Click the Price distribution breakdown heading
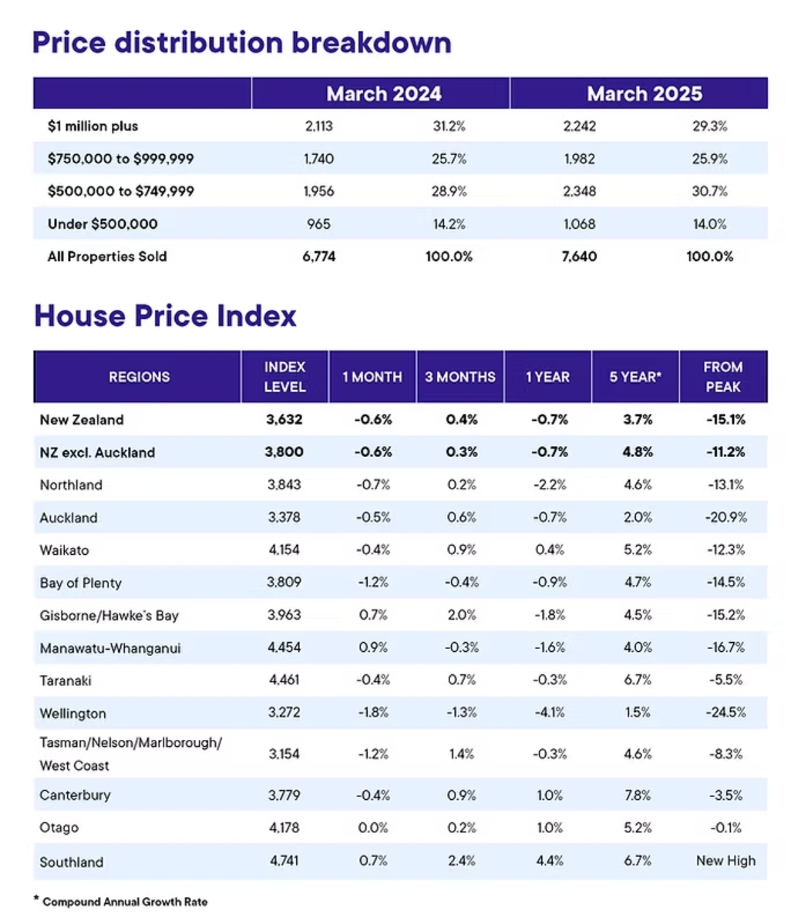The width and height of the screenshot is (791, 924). pyautogui.click(x=241, y=42)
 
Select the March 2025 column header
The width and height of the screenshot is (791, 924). pyautogui.click(x=644, y=94)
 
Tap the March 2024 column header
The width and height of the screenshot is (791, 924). pyautogui.click(x=384, y=94)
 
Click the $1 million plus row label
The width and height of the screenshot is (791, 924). pyautogui.click(x=93, y=126)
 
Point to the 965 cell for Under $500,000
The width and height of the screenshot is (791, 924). pyautogui.click(x=318, y=224)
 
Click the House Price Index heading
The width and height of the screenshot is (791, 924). pyautogui.click(x=165, y=316)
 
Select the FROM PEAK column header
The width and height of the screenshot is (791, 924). pyautogui.click(x=722, y=377)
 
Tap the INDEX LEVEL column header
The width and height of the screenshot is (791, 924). pyautogui.click(x=284, y=377)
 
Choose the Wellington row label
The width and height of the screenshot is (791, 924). pyautogui.click(x=72, y=714)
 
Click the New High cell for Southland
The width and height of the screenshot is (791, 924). pyautogui.click(x=725, y=861)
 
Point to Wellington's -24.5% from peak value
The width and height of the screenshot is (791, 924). pyautogui.click(x=725, y=712)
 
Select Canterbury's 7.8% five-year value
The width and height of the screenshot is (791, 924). pyautogui.click(x=638, y=795)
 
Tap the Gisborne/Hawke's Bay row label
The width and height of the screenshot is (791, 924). pyautogui.click(x=109, y=616)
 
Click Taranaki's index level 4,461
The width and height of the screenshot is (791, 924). pyautogui.click(x=284, y=680)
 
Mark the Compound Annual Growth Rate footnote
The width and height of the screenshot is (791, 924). pyautogui.click(x=124, y=901)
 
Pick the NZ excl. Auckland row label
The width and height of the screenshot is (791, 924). pyautogui.click(x=97, y=452)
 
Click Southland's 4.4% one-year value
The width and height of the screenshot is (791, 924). pyautogui.click(x=549, y=861)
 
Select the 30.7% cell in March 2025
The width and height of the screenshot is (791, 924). pyautogui.click(x=709, y=192)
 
